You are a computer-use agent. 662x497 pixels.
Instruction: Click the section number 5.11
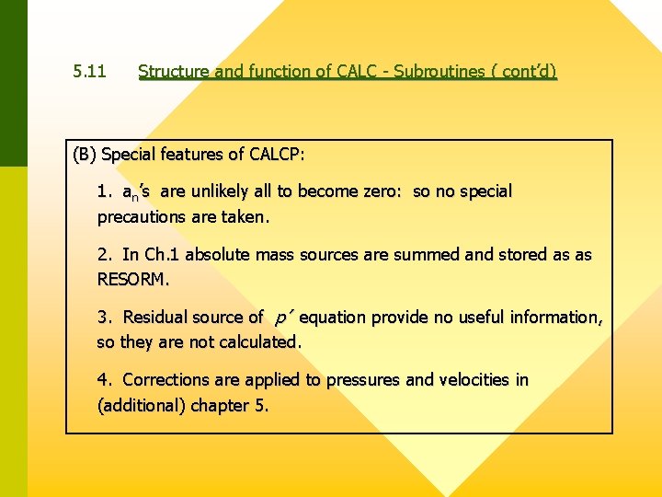(90, 71)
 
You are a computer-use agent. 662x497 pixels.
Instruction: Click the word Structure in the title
(172, 71)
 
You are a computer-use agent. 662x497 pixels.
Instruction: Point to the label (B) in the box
(85, 155)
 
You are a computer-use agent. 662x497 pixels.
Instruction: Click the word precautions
(143, 218)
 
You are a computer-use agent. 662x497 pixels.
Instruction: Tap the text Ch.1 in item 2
(162, 255)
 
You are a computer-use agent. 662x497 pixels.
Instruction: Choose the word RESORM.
(134, 278)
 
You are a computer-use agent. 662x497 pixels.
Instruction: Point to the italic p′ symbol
(283, 318)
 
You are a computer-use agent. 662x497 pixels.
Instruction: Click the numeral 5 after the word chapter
(261, 406)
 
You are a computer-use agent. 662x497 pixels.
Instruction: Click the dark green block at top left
(14, 83)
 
